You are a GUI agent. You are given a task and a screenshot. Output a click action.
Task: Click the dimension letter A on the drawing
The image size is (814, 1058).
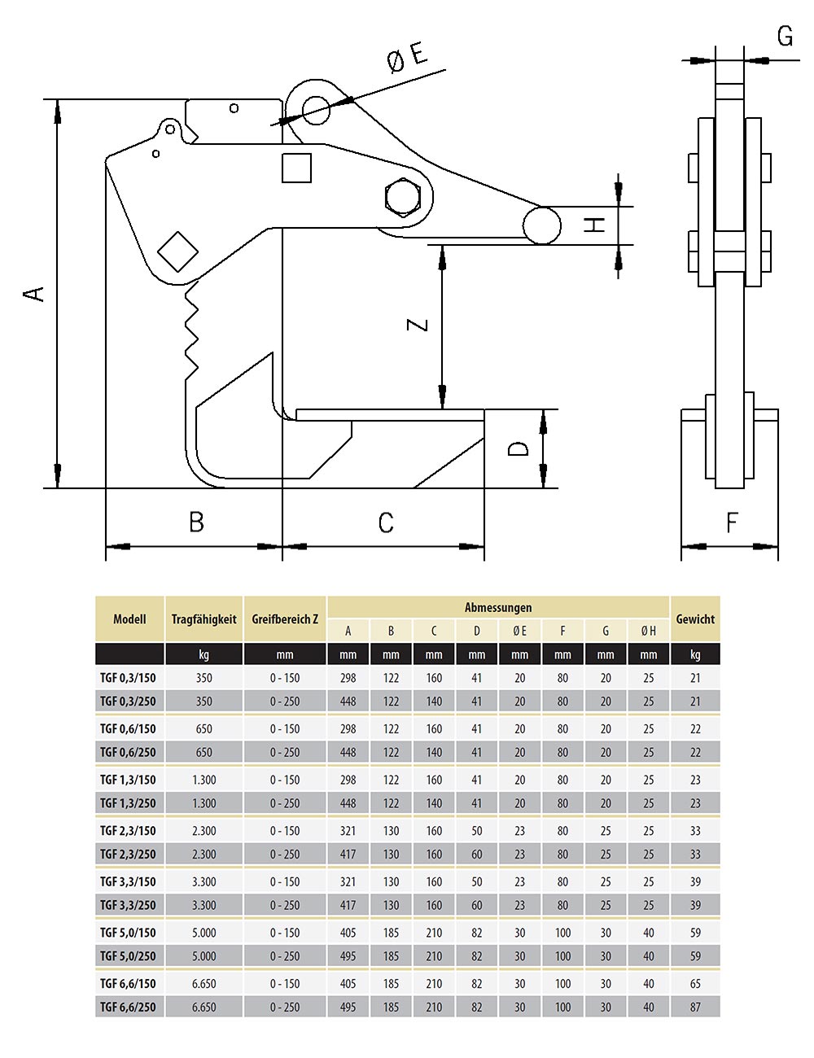34,293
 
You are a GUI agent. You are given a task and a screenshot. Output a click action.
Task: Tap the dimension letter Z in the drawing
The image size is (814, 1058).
418,325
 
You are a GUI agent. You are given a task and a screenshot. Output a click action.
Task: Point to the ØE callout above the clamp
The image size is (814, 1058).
407,59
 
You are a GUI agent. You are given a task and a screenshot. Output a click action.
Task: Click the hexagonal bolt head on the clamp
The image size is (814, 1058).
401,198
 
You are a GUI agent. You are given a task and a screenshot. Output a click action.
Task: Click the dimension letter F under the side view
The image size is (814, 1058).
732,522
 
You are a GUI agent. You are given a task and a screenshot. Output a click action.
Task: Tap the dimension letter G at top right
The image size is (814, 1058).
785,37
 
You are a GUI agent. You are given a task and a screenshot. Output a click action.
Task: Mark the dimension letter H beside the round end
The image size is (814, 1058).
597,225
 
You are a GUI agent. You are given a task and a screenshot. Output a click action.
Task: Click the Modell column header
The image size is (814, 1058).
129,619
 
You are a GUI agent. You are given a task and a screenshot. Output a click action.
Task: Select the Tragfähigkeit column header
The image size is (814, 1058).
203,619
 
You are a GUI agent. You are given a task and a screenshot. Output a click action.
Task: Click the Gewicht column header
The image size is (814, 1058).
695,619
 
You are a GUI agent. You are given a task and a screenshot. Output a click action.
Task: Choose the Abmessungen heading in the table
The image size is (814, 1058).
498,608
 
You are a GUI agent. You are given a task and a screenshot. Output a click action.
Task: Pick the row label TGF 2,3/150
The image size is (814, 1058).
128,831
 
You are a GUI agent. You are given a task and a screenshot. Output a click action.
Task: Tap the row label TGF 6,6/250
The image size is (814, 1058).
128,1008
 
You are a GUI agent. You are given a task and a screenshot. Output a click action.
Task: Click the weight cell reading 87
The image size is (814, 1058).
695,1008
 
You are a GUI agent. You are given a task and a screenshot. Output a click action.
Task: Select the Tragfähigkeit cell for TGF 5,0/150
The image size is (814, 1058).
203,933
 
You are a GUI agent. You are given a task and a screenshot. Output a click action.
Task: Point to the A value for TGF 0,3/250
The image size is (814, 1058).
348,702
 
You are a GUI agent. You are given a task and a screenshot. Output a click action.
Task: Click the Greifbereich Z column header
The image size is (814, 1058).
285,619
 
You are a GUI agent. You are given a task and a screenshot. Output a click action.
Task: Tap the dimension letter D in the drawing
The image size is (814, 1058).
519,448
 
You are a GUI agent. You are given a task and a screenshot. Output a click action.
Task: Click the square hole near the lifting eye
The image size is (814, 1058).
296,168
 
